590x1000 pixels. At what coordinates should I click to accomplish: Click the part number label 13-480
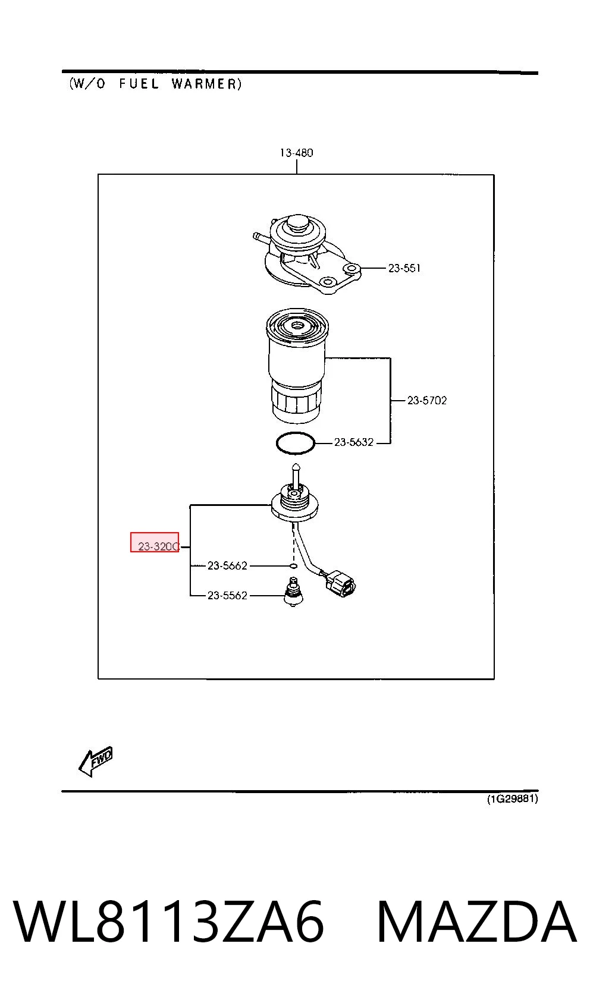[296, 153]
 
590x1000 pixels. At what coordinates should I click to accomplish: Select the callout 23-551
[404, 268]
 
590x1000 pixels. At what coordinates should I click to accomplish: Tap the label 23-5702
[426, 401]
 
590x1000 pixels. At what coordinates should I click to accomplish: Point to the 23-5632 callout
[354, 442]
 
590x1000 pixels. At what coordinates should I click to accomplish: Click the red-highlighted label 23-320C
[158, 546]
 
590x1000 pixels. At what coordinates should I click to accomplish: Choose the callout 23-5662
[227, 565]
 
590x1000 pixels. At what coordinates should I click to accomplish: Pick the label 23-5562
[227, 596]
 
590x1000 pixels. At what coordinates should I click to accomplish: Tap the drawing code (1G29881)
[512, 798]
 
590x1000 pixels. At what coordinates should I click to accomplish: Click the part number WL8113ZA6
[169, 922]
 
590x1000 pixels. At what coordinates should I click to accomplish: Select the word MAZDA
[476, 922]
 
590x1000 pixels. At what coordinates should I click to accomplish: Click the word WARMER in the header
[206, 84]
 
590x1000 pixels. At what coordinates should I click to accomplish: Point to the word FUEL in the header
[139, 84]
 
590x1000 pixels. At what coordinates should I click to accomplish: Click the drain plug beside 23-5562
[293, 592]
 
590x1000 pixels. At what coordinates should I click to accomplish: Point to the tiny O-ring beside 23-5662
[293, 566]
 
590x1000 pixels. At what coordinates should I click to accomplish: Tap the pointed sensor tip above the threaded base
[295, 468]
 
